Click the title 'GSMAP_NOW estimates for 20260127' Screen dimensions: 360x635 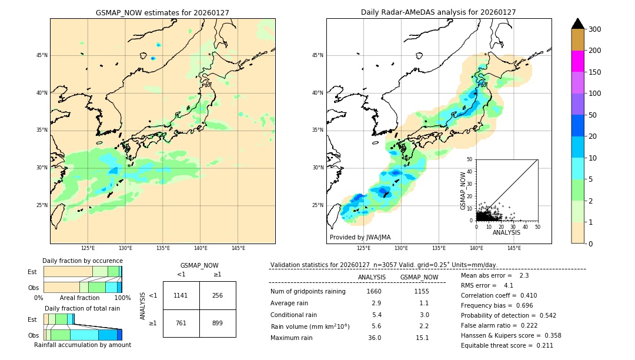(162, 12)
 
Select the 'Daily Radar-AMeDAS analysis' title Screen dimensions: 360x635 (438, 12)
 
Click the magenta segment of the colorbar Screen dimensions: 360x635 (577, 61)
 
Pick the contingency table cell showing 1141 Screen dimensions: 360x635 (181, 295)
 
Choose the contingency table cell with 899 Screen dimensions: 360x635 (218, 323)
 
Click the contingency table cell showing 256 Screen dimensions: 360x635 (218, 295)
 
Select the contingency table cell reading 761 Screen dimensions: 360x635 (181, 323)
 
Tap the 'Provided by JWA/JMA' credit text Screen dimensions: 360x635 (360, 238)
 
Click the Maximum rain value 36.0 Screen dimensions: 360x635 (374, 338)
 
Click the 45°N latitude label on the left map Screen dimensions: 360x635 (42, 55)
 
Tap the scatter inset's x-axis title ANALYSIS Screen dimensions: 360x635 (506, 233)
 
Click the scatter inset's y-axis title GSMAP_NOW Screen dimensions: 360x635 (463, 191)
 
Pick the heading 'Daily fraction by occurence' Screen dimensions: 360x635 (82, 261)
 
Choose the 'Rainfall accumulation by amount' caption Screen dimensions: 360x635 (82, 345)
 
